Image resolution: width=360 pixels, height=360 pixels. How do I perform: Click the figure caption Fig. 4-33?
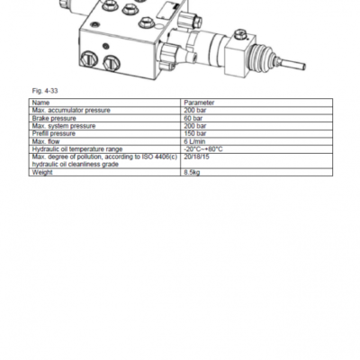[45, 91]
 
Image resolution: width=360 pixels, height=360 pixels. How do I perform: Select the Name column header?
[40, 103]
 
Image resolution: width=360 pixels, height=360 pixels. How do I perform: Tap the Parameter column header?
[199, 103]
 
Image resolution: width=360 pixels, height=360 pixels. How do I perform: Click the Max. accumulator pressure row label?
[71, 111]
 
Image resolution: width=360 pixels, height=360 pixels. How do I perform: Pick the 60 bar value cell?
[193, 118]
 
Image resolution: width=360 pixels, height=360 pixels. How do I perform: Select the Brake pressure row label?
[54, 118]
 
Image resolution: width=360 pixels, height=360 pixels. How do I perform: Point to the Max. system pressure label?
[64, 126]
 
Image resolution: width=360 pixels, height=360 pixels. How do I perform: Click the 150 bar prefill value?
[195, 133]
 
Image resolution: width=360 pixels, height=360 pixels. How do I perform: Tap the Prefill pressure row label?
[53, 133]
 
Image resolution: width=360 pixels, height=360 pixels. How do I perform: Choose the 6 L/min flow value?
[194, 141]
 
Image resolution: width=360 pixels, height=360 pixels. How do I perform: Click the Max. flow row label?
[46, 141]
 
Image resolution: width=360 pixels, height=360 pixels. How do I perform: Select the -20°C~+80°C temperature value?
[203, 149]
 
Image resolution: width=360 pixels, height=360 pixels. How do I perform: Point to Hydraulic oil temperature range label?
[77, 149]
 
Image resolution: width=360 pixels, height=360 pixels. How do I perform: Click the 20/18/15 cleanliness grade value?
[196, 157]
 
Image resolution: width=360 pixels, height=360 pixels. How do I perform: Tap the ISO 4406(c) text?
[159, 157]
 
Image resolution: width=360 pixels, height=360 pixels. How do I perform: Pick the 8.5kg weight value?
[192, 173]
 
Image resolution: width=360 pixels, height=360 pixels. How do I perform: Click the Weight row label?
[42, 173]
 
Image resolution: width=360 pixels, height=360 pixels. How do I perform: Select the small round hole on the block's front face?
[105, 46]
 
